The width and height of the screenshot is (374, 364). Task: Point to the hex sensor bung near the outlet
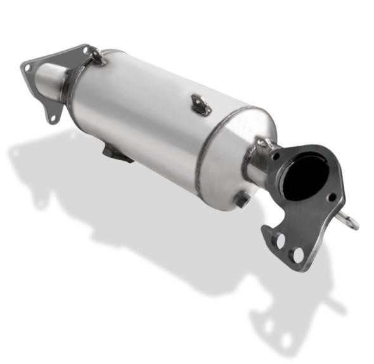pos(242,200)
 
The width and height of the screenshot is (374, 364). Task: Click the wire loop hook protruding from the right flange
pos(349,220)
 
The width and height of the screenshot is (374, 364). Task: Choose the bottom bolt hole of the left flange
pos(54,118)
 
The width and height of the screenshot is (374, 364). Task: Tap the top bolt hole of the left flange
pos(83,49)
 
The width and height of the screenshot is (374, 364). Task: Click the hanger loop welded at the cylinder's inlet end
pos(96,55)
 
